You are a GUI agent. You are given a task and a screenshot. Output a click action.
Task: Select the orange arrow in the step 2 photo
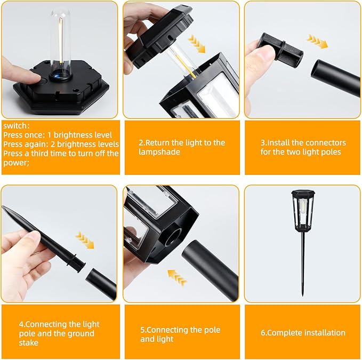tap(197, 43)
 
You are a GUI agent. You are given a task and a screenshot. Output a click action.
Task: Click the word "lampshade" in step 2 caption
tap(159, 152)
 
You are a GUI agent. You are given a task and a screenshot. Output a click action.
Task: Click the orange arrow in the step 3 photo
tap(317, 42)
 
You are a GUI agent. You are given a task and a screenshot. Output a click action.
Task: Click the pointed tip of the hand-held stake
tap(3, 206)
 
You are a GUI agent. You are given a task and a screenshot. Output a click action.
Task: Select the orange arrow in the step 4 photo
tap(85, 240)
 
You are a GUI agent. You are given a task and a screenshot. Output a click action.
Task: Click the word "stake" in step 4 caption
tap(28, 343)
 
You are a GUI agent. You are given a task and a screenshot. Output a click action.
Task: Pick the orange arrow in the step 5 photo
tap(177, 277)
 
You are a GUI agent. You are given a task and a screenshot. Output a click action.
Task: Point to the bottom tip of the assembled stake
tap(302, 295)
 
